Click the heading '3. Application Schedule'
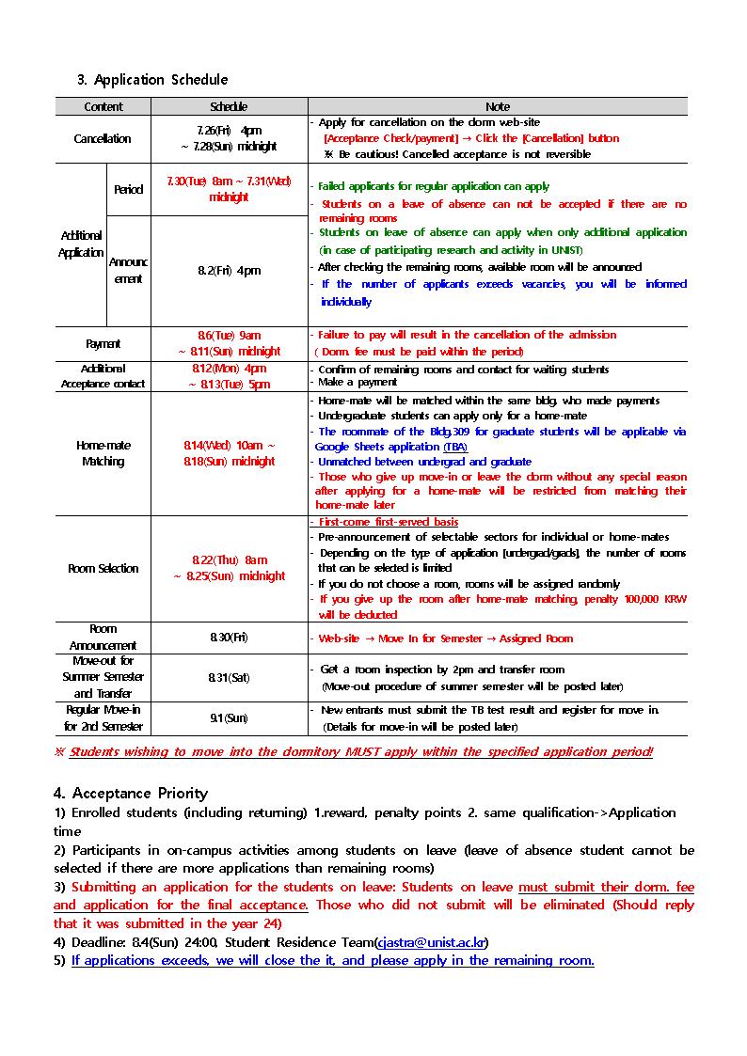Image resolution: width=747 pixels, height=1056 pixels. pyautogui.click(x=151, y=80)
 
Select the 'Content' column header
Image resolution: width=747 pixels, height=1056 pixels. pyautogui.click(x=103, y=107)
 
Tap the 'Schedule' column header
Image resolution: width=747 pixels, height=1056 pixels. pyautogui.click(x=229, y=107)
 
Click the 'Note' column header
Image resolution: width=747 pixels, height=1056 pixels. pyautogui.click(x=498, y=107)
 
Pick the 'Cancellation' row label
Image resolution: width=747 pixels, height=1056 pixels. pyautogui.click(x=103, y=139)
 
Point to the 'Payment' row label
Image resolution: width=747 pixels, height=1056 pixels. pyautogui.click(x=103, y=344)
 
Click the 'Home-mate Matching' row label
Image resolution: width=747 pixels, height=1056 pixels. pyautogui.click(x=103, y=453)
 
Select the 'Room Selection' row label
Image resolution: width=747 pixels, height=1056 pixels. pyautogui.click(x=103, y=569)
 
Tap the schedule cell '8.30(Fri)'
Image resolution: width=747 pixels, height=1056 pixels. pyautogui.click(x=229, y=638)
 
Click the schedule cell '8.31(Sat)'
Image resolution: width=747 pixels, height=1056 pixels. pyautogui.click(x=229, y=677)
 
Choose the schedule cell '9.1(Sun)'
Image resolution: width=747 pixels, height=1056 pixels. pyautogui.click(x=229, y=718)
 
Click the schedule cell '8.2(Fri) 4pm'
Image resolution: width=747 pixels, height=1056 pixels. pyautogui.click(x=229, y=271)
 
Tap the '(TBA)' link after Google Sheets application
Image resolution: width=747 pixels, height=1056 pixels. pyautogui.click(x=455, y=448)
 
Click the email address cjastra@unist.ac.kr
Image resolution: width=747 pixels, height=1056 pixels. pyautogui.click(x=431, y=942)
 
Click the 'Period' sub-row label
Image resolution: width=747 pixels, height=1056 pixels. pyautogui.click(x=128, y=190)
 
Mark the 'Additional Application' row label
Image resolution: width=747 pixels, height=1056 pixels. pyautogui.click(x=81, y=244)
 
